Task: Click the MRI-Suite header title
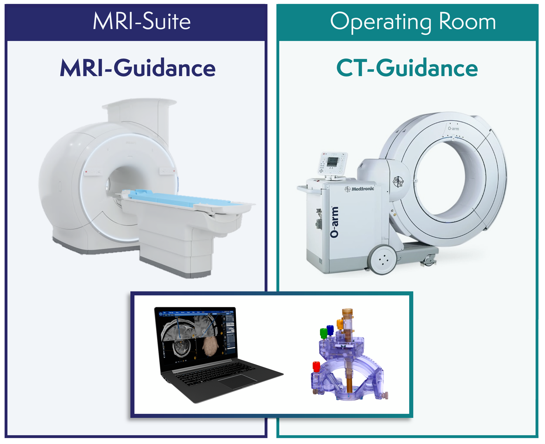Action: pyautogui.click(x=141, y=22)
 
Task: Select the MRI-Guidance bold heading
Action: pyautogui.click(x=138, y=68)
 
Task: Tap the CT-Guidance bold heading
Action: pyautogui.click(x=407, y=68)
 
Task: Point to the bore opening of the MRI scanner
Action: pyautogui.click(x=125, y=179)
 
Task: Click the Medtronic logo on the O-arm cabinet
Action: pyautogui.click(x=359, y=189)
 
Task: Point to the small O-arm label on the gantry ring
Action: pyautogui.click(x=453, y=129)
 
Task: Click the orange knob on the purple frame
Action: pyautogui.click(x=340, y=324)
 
